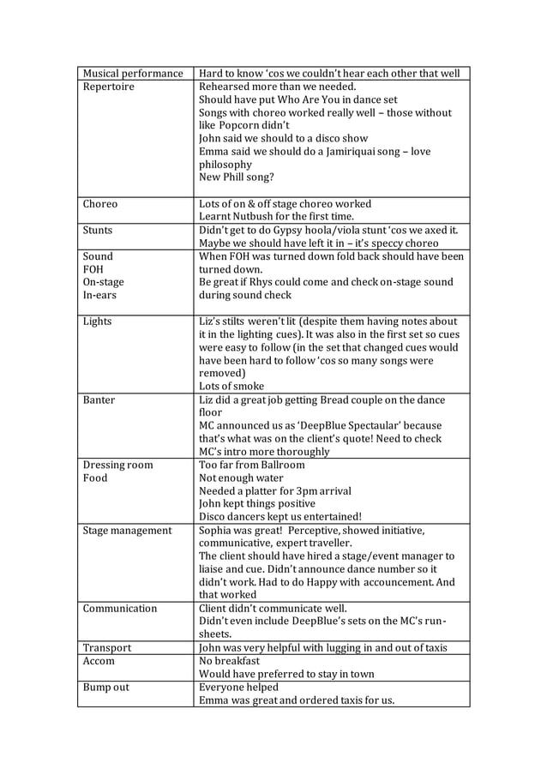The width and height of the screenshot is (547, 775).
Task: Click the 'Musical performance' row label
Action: click(133, 74)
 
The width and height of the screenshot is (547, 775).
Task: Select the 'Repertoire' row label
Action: click(109, 87)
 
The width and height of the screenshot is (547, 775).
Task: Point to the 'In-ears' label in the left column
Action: click(99, 295)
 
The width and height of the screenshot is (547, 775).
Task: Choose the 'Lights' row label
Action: click(97, 321)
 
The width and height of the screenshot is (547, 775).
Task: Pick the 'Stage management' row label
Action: click(127, 531)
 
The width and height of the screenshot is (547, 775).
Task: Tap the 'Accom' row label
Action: click(99, 661)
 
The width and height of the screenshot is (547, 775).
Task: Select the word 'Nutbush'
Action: click(257, 217)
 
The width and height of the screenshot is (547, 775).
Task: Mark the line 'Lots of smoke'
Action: click(231, 387)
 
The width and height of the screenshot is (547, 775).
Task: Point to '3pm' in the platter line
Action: click(301, 491)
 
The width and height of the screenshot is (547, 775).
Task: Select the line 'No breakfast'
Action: click(229, 661)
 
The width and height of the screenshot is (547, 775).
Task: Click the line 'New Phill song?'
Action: click(237, 177)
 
